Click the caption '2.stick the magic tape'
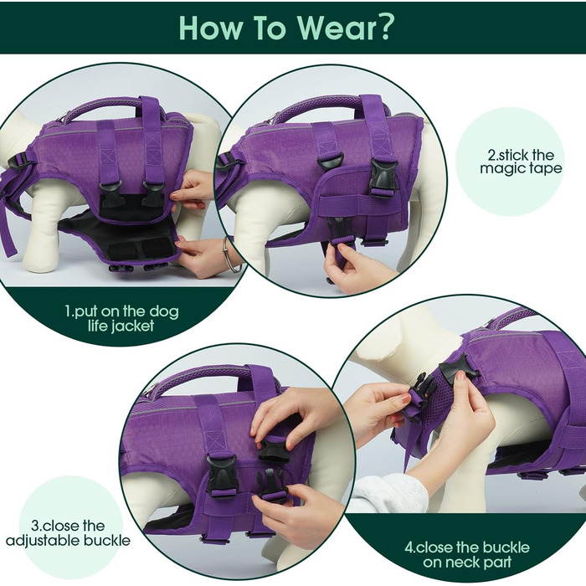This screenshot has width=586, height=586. tap(521, 162)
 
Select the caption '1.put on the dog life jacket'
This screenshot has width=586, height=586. tap(122, 318)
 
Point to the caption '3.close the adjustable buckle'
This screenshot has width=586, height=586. tap(68, 533)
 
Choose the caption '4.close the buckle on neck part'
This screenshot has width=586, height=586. tap(467, 554)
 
